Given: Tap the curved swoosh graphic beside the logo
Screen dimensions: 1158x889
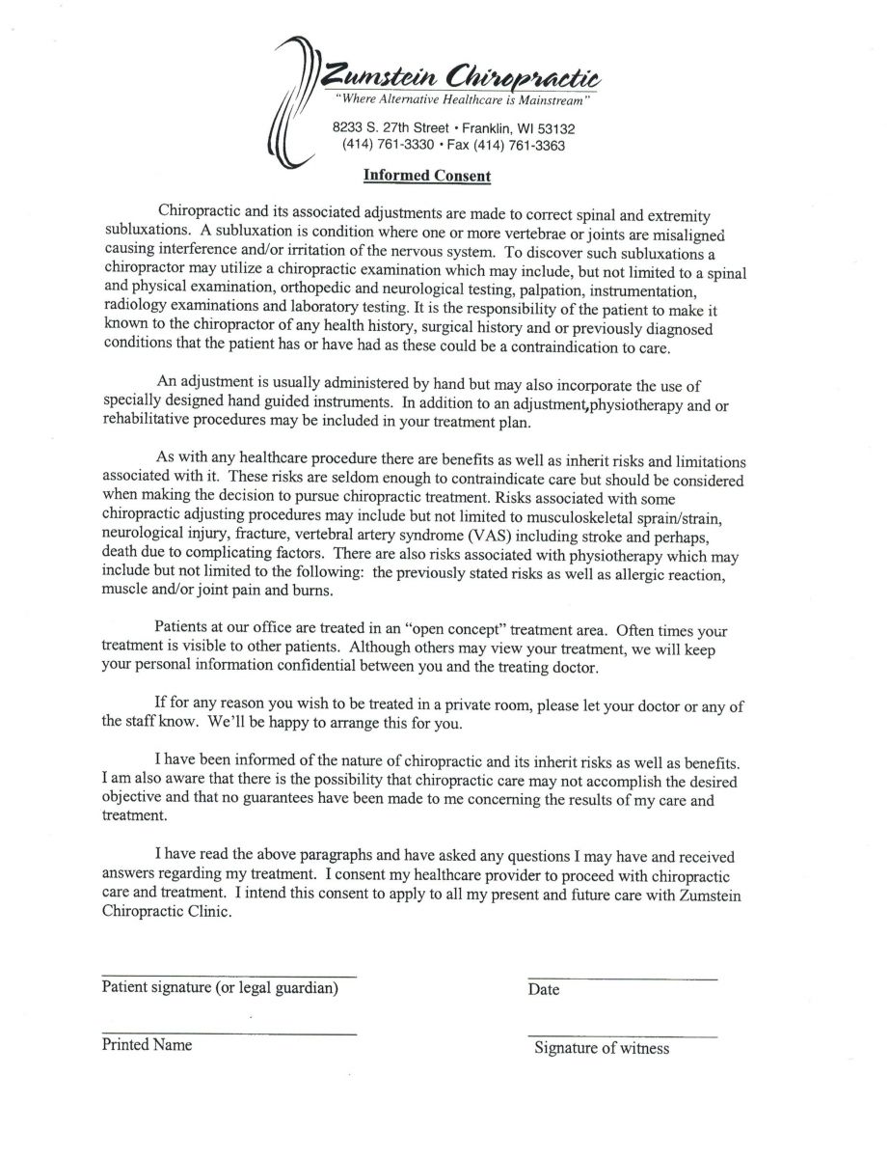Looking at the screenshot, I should click(x=293, y=101).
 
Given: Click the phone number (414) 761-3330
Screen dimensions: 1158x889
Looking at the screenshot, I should click(x=387, y=146).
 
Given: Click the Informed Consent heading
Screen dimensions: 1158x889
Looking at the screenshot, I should click(x=427, y=176).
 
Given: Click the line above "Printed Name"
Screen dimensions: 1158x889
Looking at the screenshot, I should click(x=229, y=1034).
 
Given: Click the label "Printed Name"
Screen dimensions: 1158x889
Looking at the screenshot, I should click(x=147, y=1045).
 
